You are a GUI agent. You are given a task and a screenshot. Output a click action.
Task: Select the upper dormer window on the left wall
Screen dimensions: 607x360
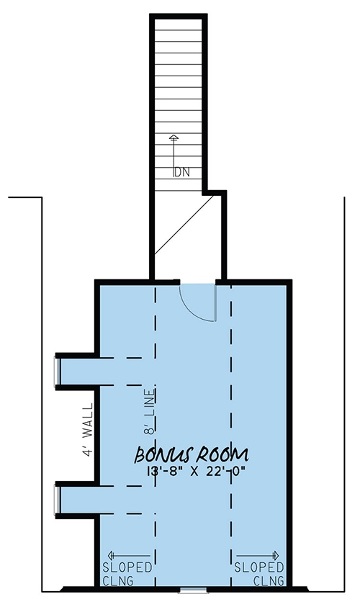click(57, 371)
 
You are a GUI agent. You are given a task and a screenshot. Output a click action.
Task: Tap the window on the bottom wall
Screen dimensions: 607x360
click(190, 590)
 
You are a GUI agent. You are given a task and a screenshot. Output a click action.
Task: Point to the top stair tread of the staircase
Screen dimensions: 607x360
click(179, 24)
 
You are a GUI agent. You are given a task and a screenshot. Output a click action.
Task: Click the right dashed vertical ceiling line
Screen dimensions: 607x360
click(231, 432)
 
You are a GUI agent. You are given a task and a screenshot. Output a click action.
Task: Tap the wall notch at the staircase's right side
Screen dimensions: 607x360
click(215, 193)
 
